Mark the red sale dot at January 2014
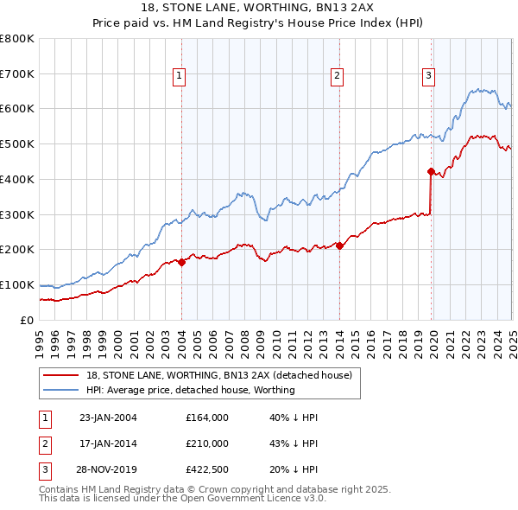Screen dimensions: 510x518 pyautogui.click(x=339, y=245)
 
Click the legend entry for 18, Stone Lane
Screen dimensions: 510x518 pyautogui.click(x=219, y=376)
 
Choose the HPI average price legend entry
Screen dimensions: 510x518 pyautogui.click(x=191, y=390)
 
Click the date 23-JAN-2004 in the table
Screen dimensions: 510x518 pyautogui.click(x=108, y=418)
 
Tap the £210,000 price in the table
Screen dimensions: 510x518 pyautogui.click(x=207, y=443)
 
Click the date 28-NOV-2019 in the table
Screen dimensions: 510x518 pyautogui.click(x=108, y=470)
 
